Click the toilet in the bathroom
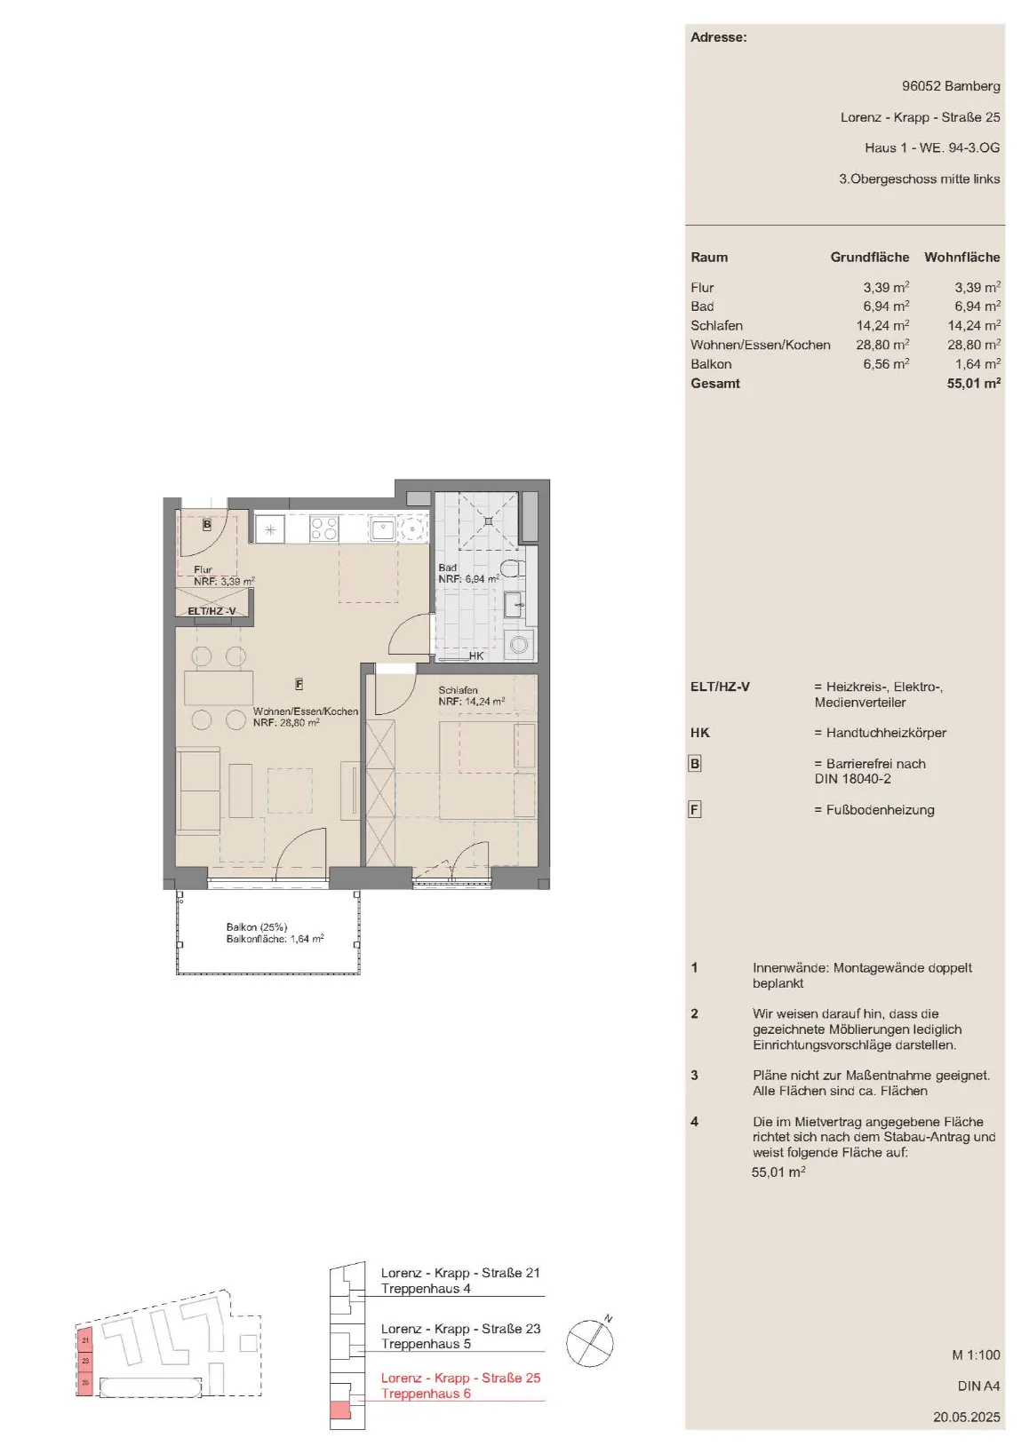517,568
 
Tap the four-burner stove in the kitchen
324,528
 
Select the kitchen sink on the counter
383,529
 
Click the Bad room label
447,568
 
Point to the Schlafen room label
458,690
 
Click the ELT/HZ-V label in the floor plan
211,611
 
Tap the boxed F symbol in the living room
299,684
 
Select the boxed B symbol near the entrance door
206,524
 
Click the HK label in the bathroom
476,655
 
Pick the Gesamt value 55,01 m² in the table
973,383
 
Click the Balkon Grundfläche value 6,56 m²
886,363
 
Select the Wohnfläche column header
962,257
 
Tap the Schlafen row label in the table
717,325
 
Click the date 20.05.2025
967,1417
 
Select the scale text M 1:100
976,1355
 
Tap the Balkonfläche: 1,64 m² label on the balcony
275,939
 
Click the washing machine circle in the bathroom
519,645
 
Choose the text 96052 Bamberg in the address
951,85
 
